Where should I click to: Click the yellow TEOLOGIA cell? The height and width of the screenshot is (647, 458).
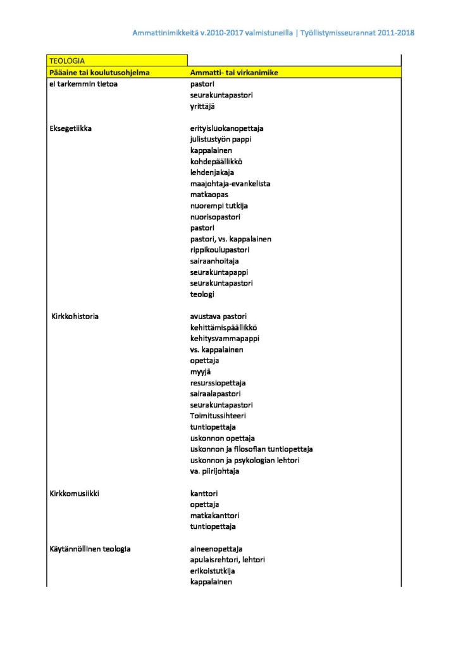[117, 61]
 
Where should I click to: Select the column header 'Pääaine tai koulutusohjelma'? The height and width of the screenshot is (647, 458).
[99, 73]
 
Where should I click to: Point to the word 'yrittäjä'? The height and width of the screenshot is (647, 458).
[203, 106]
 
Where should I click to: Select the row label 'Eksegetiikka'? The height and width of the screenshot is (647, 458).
[70, 128]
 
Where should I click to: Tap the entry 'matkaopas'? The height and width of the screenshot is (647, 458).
[209, 195]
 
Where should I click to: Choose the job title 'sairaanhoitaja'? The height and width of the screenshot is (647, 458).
[214, 261]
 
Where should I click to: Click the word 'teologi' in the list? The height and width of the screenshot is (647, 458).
[202, 294]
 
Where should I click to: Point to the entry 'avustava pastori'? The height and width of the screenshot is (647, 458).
[218, 316]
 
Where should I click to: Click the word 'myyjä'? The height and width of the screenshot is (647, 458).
[201, 372]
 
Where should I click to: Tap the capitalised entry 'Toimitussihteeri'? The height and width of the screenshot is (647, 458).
[218, 416]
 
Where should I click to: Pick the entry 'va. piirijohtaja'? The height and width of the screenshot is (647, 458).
[214, 471]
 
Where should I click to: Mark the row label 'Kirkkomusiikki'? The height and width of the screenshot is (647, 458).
[75, 493]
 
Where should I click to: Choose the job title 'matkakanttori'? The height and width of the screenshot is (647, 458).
[213, 515]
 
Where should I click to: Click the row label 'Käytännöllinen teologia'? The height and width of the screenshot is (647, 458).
[90, 548]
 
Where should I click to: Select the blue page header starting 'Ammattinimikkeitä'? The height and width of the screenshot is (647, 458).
[273, 32]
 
